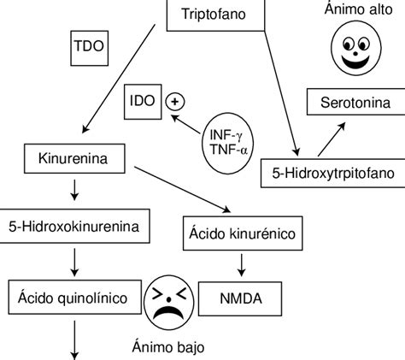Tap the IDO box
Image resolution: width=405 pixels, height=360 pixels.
pos(142,100)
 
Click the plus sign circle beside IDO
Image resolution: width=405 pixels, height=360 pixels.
pos(174,100)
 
